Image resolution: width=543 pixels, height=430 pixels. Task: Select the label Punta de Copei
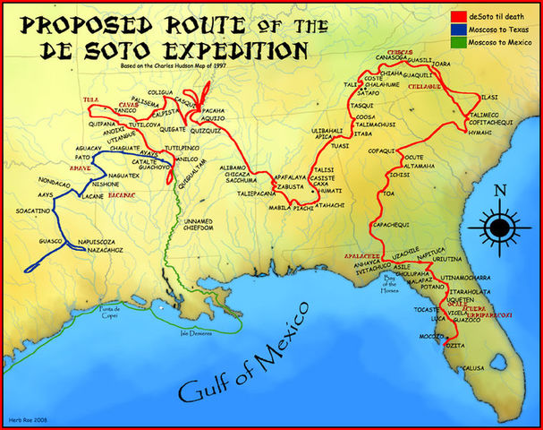[x=132, y=310]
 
